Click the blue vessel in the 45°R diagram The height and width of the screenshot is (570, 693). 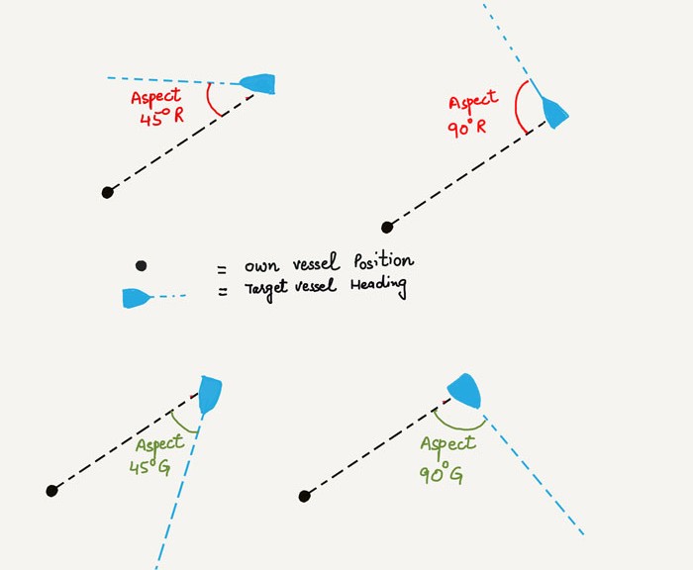click(x=258, y=83)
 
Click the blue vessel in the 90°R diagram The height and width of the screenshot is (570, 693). click(x=554, y=112)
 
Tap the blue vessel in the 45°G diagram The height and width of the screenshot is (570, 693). click(x=210, y=394)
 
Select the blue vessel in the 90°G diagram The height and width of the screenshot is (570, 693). click(x=465, y=391)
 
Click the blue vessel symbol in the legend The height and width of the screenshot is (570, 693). click(x=137, y=298)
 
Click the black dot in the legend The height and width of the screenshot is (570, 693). click(x=141, y=265)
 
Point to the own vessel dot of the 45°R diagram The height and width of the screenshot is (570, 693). click(x=107, y=192)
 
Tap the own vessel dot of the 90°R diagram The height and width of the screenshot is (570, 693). click(x=387, y=228)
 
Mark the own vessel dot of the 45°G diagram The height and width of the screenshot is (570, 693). click(x=51, y=491)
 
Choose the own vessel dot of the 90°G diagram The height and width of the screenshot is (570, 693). click(x=305, y=496)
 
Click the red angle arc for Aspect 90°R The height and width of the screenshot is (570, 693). click(x=517, y=106)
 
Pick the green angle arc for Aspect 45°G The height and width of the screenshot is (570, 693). click(x=181, y=425)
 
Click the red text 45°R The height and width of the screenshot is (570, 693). click(x=161, y=117)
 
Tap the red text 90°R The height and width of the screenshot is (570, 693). click(x=466, y=128)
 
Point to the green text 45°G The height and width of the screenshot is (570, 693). click(x=150, y=467)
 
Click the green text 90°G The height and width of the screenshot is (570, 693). click(x=441, y=474)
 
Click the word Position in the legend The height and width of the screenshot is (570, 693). click(x=384, y=260)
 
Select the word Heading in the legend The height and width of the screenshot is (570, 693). click(x=379, y=286)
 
